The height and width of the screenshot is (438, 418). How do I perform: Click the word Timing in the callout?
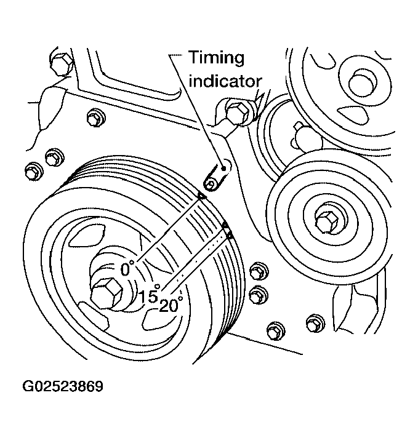(216, 58)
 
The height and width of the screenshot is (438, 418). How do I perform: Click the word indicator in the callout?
(225, 80)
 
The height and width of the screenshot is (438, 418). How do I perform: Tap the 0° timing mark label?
(127, 269)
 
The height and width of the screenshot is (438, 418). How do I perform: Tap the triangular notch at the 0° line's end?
(201, 196)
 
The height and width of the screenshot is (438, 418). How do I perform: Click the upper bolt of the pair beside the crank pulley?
(257, 271)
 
